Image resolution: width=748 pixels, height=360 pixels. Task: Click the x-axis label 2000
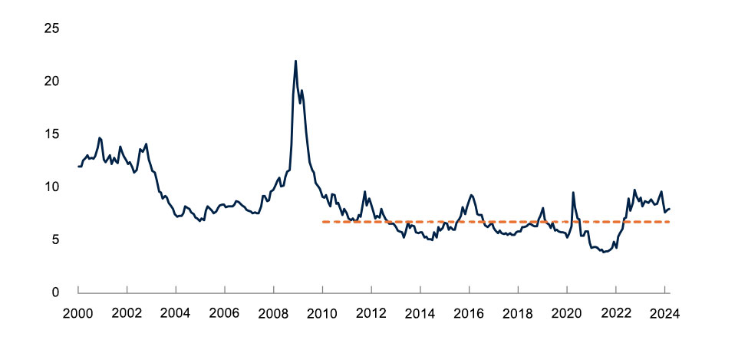(x=78, y=313)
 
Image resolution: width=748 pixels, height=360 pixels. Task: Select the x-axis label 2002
(x=127, y=313)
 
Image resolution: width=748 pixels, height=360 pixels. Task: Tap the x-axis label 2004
(x=176, y=313)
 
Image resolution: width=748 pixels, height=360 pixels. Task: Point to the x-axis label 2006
(x=224, y=313)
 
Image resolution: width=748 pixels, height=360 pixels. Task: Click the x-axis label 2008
(x=273, y=313)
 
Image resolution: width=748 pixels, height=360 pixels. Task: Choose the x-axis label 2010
(x=322, y=313)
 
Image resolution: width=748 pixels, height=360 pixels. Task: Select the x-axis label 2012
(x=371, y=313)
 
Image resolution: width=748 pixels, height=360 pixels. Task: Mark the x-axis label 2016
(x=469, y=313)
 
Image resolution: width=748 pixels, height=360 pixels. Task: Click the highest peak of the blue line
(x=295, y=61)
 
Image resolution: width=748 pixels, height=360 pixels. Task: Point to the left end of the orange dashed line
(x=323, y=222)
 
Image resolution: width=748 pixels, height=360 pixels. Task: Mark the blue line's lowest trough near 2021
(x=605, y=252)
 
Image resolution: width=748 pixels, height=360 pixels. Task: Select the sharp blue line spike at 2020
(x=572, y=193)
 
